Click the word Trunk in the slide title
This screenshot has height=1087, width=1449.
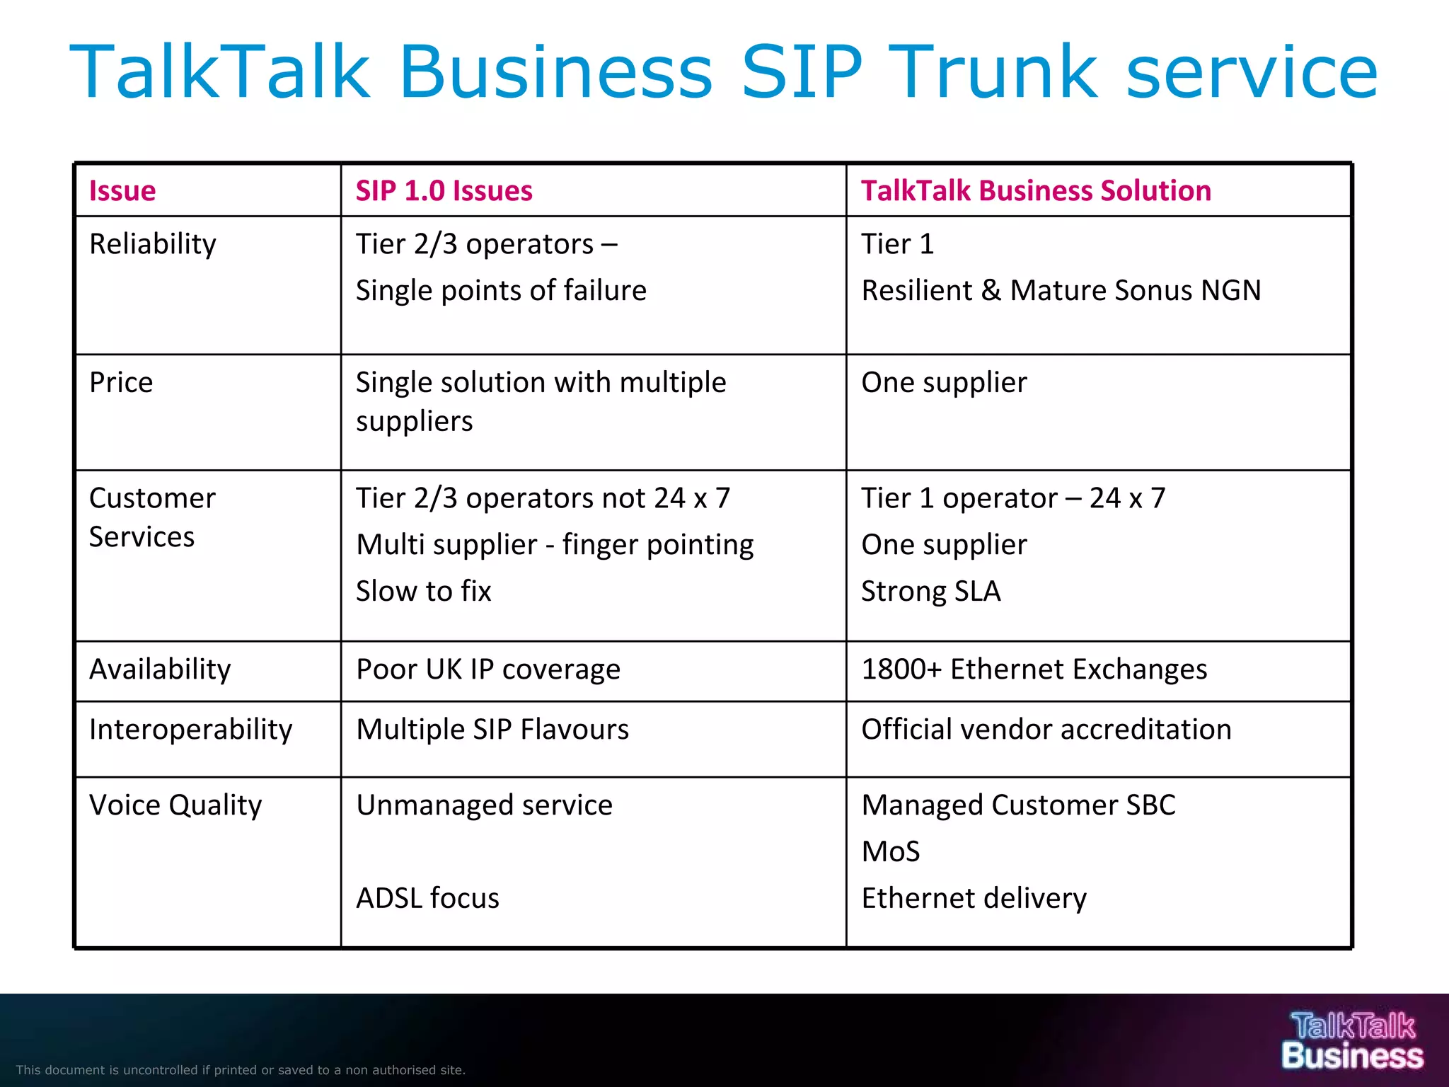997,72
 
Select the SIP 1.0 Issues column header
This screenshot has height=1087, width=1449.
444,191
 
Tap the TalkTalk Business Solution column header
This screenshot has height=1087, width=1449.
1036,191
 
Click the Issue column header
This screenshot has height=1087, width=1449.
122,191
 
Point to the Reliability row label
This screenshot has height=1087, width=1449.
153,244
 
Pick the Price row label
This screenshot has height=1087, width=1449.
121,383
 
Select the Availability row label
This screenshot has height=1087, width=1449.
160,669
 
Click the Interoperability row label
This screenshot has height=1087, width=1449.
190,730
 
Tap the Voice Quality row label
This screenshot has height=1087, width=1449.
175,805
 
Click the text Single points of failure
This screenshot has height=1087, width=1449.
501,291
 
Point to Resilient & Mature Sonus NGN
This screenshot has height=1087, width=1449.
1061,291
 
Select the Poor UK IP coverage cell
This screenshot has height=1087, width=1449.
488,669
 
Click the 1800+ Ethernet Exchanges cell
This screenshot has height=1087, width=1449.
1034,669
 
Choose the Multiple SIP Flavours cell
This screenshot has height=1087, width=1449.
492,730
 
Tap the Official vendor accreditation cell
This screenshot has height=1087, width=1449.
1046,730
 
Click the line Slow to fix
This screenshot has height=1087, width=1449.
423,592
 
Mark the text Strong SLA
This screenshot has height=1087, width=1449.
931,592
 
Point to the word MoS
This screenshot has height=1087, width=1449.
891,851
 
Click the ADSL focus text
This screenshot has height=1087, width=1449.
427,898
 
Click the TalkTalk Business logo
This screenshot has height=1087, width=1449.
1352,1040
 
